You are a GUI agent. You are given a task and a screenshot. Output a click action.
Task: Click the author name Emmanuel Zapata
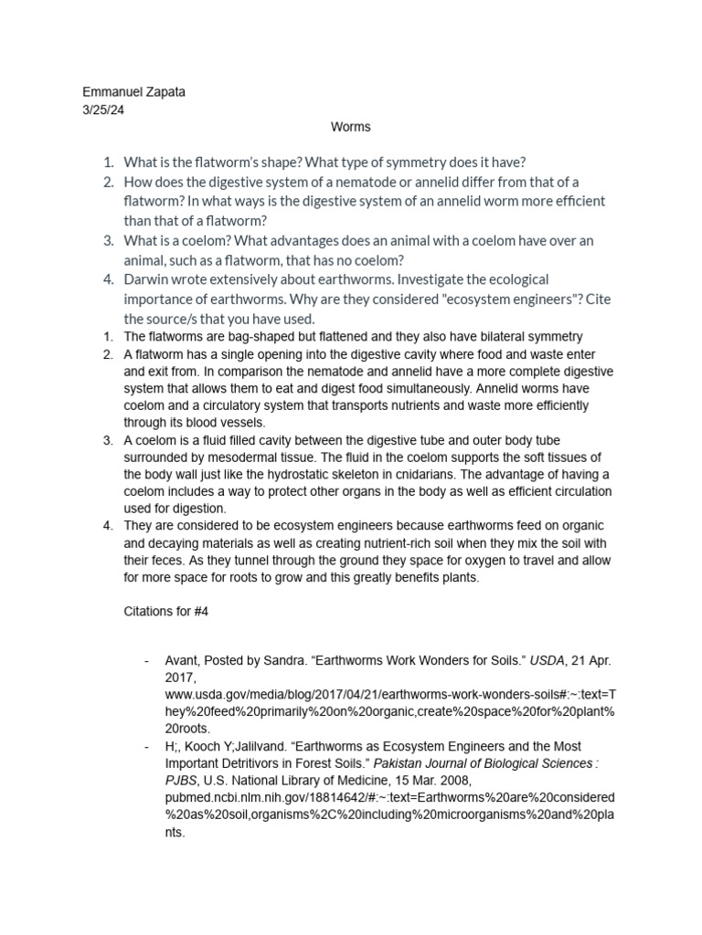(x=133, y=92)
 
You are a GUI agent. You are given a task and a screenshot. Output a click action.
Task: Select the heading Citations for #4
(x=166, y=612)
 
